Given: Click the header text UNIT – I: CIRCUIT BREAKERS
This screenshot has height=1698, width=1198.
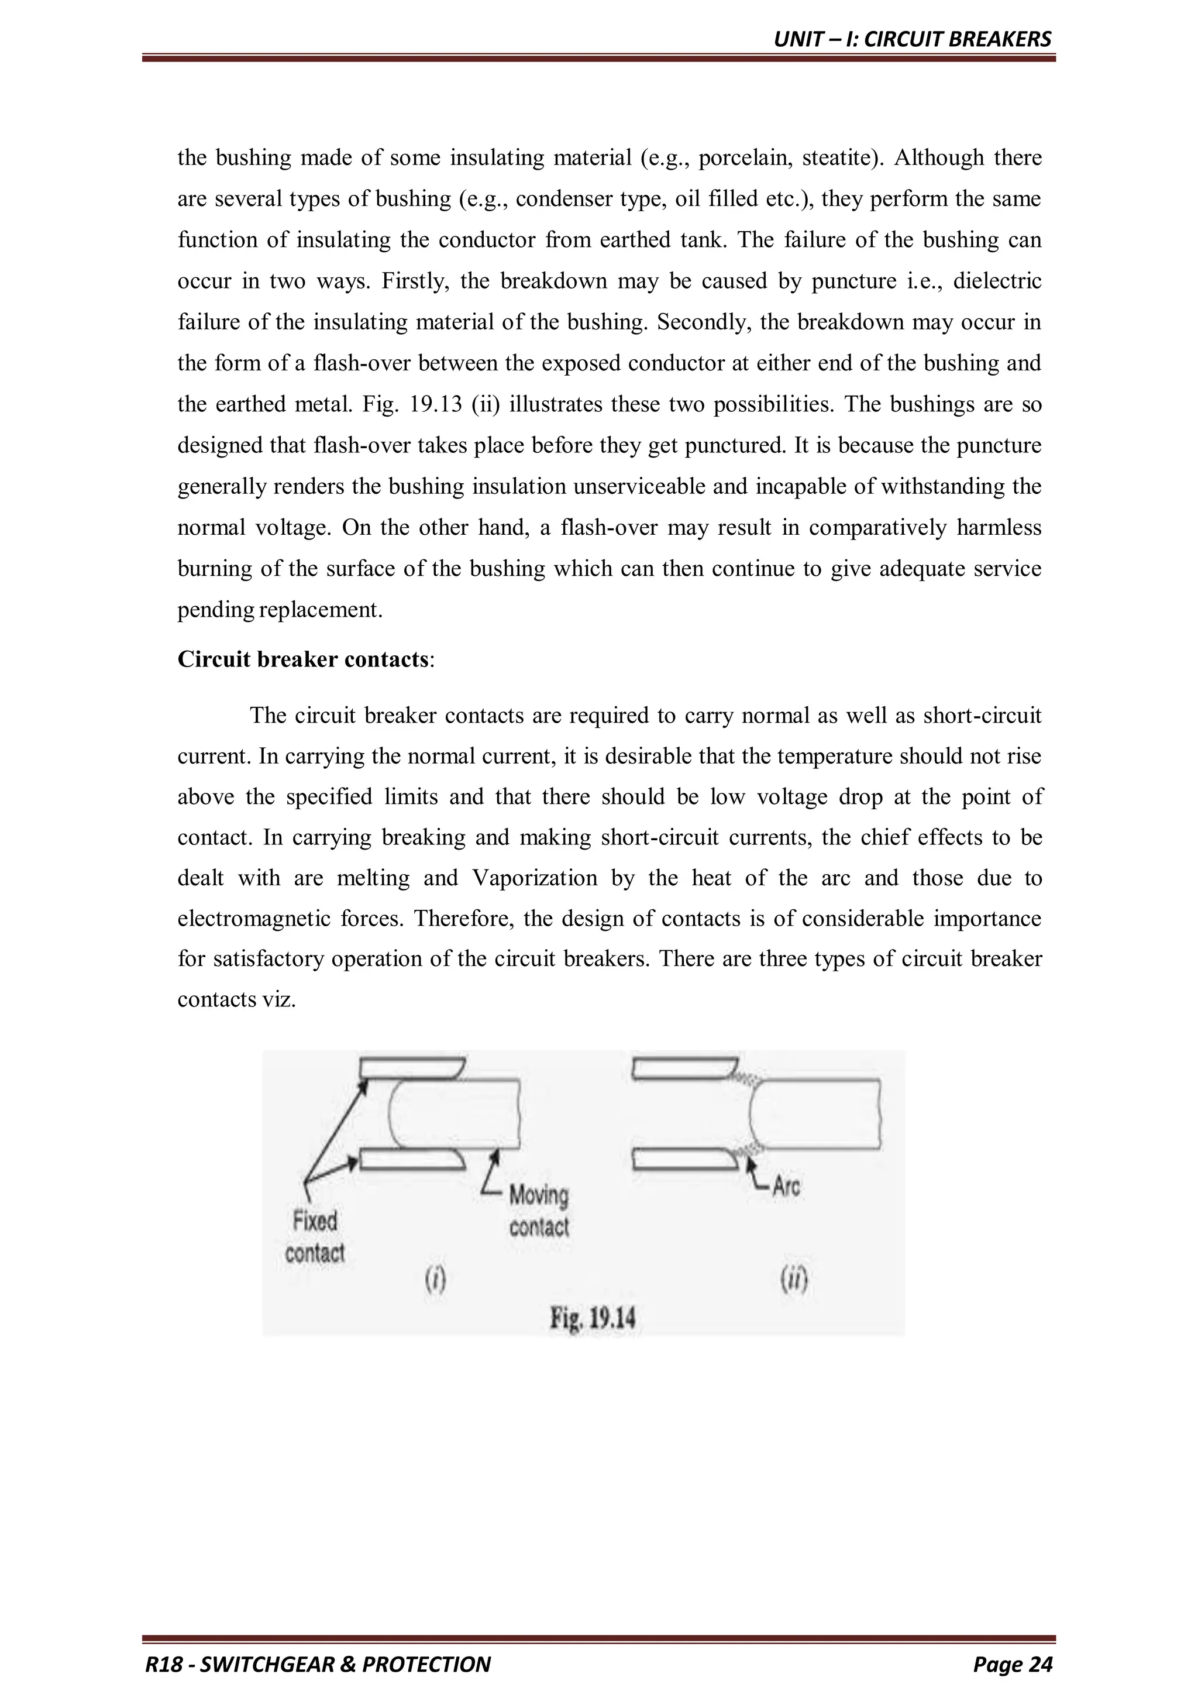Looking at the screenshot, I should click(x=912, y=39).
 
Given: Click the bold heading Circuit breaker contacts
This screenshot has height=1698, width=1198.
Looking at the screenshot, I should click(x=303, y=659).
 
